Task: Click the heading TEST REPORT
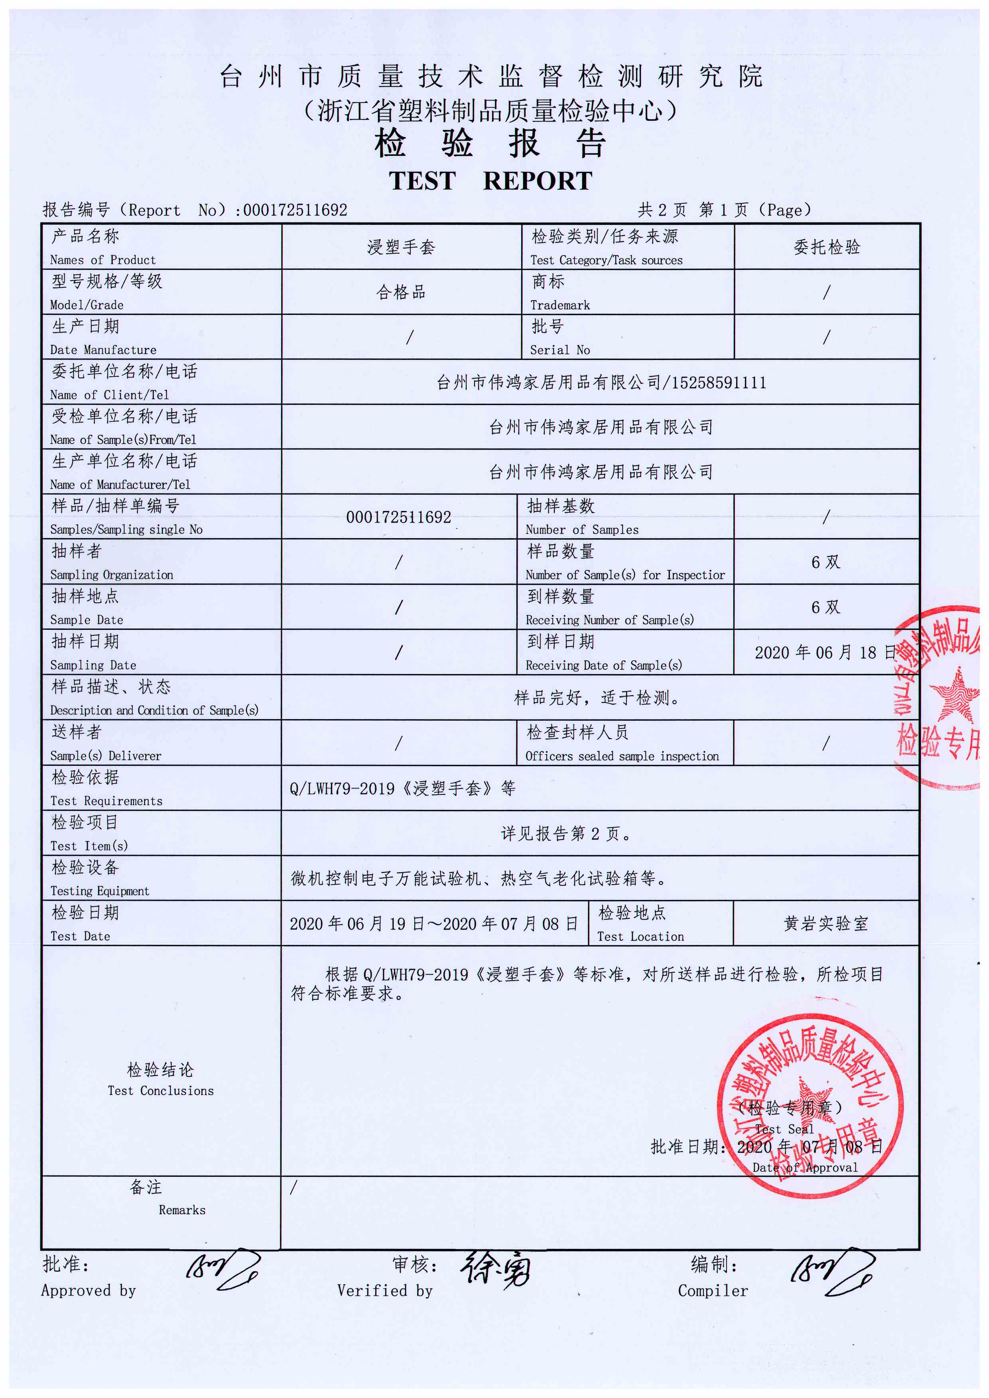pyautogui.click(x=490, y=181)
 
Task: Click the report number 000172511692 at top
pyautogui.click(x=296, y=210)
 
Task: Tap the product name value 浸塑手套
pyautogui.click(x=401, y=247)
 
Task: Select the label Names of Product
pyautogui.click(x=102, y=260)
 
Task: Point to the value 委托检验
pyautogui.click(x=826, y=247)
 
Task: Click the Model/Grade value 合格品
pyautogui.click(x=401, y=292)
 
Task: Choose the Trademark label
pyautogui.click(x=560, y=305)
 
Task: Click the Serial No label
pyautogui.click(x=560, y=350)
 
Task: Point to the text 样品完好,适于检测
pyautogui.click(x=597, y=698)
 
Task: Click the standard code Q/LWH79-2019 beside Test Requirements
pyautogui.click(x=342, y=788)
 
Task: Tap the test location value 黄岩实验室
pyautogui.click(x=826, y=924)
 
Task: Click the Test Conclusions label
pyautogui.click(x=160, y=1091)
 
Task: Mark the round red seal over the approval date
pyautogui.click(x=810, y=1105)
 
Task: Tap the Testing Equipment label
pyautogui.click(x=99, y=891)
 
